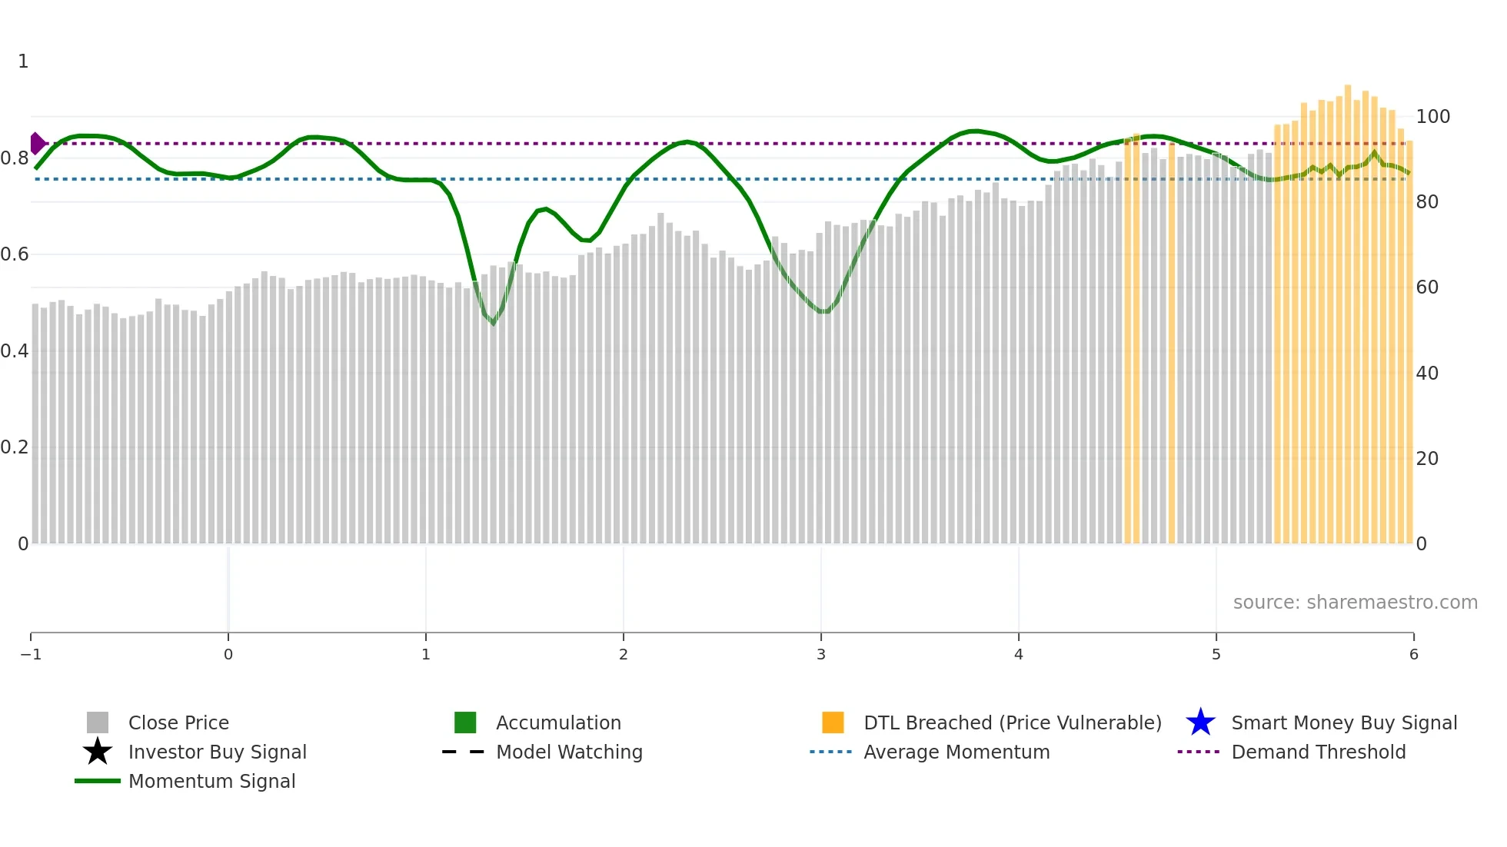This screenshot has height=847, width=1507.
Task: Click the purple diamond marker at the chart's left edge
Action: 37,144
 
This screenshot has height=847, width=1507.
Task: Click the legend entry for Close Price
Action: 178,723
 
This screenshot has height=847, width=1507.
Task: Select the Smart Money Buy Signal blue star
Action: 1200,723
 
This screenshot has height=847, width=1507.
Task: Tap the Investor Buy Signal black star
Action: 98,752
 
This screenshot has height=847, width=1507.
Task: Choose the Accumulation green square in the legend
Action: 465,723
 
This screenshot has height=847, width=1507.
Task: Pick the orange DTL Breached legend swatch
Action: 833,723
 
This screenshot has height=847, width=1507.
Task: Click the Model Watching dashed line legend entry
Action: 569,752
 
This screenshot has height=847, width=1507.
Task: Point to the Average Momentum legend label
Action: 956,752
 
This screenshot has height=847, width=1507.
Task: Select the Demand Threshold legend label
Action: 1318,752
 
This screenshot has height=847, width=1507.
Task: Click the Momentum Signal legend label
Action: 211,782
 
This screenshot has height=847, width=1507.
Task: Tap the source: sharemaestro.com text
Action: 1355,603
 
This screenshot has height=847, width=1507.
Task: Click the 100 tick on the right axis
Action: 1432,117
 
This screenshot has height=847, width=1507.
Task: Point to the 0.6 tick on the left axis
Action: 15,254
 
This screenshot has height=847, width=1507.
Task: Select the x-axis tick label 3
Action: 821,655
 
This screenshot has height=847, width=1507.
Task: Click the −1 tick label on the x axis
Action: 31,655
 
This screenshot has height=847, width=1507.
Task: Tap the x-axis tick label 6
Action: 1413,655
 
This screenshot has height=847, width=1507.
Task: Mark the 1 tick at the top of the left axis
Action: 23,61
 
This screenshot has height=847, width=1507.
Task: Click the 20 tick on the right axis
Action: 1427,459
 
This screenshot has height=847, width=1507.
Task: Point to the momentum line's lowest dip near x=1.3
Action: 494,324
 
